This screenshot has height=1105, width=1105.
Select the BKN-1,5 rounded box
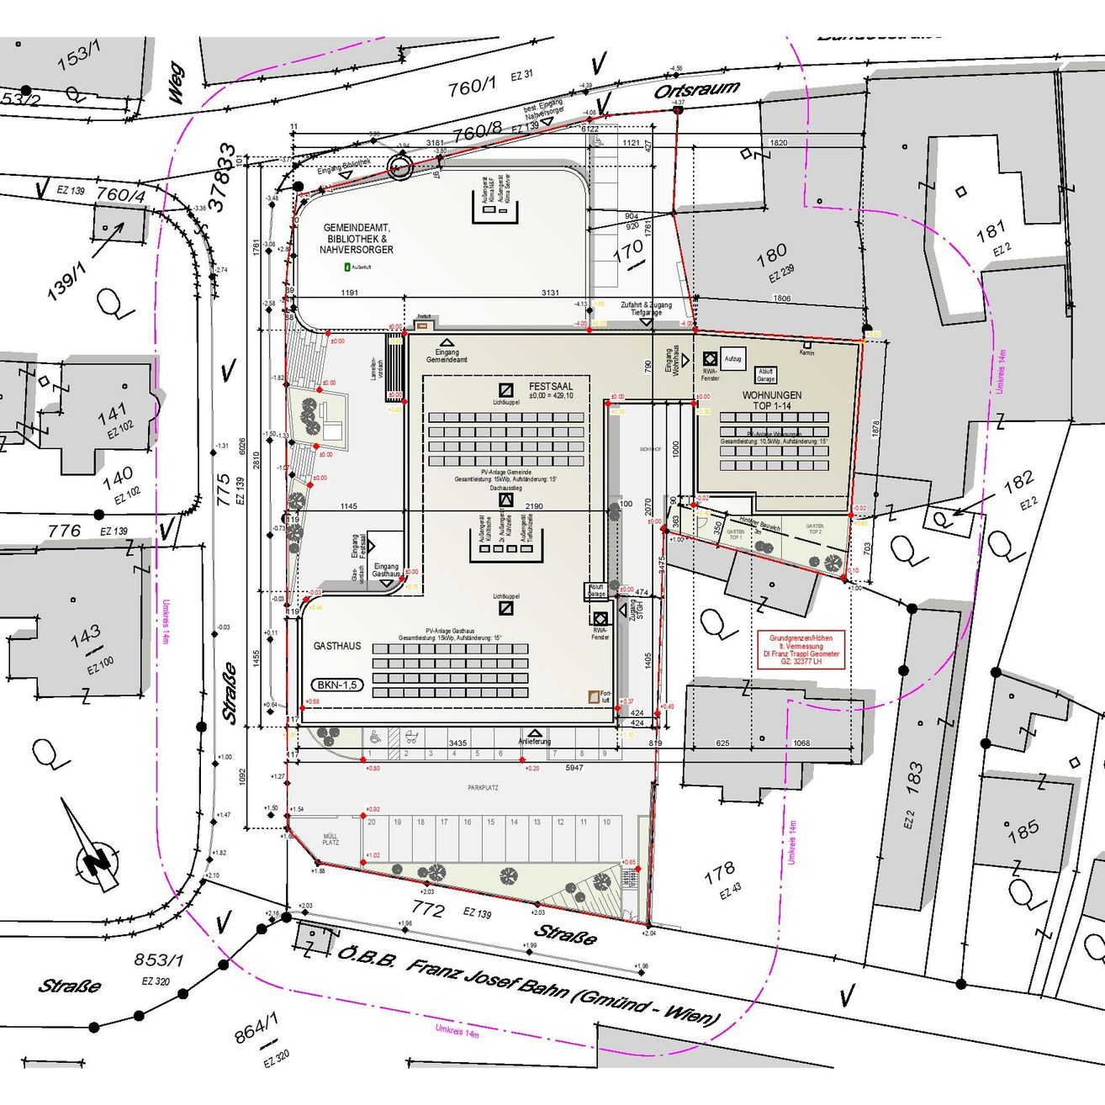(337, 685)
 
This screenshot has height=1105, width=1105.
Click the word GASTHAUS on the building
(337, 646)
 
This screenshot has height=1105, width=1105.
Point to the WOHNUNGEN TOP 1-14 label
(771, 400)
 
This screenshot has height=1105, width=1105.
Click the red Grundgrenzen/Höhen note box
(801, 649)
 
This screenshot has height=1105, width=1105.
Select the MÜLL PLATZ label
(330, 839)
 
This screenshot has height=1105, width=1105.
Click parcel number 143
(86, 637)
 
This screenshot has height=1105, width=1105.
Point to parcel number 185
(1023, 831)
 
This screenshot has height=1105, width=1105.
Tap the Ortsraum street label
(697, 88)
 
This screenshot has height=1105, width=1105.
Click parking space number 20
(372, 822)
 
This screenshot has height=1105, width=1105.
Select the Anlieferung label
(534, 741)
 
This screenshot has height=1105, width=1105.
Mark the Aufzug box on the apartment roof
(733, 359)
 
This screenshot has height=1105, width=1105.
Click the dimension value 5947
(574, 768)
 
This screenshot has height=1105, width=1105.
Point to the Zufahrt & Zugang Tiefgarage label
(646, 308)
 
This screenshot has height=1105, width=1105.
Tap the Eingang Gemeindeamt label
(447, 356)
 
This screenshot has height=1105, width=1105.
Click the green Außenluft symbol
(346, 267)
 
